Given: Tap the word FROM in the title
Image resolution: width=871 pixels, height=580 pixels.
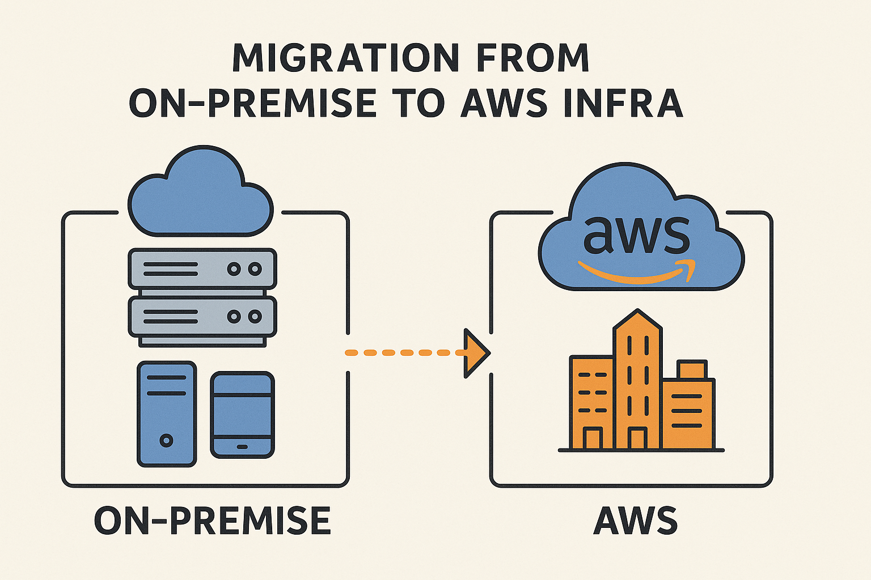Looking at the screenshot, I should coord(531,58).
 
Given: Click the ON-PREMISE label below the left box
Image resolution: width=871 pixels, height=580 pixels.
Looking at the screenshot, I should coord(212,521).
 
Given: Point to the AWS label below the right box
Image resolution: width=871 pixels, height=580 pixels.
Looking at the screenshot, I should coord(635,521).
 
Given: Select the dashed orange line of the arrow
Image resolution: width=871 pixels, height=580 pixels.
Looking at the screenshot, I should coord(403,353).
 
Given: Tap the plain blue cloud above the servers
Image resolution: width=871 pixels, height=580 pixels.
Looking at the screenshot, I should coord(200,195).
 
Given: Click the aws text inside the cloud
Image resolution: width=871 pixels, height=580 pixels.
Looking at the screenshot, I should coord(636,234).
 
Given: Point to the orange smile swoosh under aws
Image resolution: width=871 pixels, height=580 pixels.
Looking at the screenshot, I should coord(636,273).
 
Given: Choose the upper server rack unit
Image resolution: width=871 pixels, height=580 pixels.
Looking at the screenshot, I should coord(202,268).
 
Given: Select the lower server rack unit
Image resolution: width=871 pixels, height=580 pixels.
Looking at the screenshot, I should coord(202,317).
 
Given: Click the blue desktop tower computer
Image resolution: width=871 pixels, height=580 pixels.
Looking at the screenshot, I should coord(167,413).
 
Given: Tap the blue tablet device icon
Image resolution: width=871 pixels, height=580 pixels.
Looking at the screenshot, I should coord(242,415).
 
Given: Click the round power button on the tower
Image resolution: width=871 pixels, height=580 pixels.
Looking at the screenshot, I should coord(167,440).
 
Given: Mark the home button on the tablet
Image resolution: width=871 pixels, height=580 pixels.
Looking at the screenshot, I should coord(242,447).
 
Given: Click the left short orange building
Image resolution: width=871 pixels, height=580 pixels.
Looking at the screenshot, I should coord(591,402).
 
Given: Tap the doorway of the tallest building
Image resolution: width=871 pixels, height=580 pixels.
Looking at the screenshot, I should coord(637,440).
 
